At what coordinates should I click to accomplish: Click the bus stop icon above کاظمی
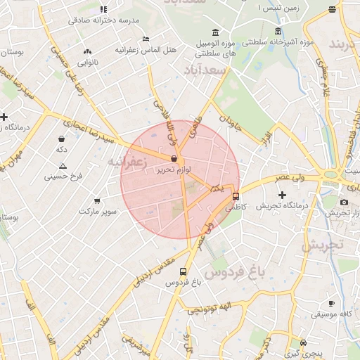tap(236, 197)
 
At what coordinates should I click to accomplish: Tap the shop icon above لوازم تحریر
tap(173, 159)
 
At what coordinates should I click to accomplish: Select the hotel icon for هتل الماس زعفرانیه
tap(146, 39)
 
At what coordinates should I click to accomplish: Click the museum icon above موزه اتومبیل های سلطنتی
tap(214, 32)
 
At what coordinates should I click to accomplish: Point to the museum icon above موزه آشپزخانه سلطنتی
tap(278, 32)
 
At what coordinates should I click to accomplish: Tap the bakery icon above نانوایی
tap(87, 51)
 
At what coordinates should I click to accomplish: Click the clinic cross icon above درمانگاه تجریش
tap(282, 194)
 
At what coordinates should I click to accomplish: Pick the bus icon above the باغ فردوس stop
tap(184, 271)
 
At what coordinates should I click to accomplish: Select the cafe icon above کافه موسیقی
tap(331, 304)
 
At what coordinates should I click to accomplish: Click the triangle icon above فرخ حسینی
tap(63, 166)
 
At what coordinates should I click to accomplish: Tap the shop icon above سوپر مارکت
tap(96, 200)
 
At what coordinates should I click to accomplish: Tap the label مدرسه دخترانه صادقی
tap(101, 20)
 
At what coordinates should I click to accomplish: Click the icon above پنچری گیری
tap(302, 336)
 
